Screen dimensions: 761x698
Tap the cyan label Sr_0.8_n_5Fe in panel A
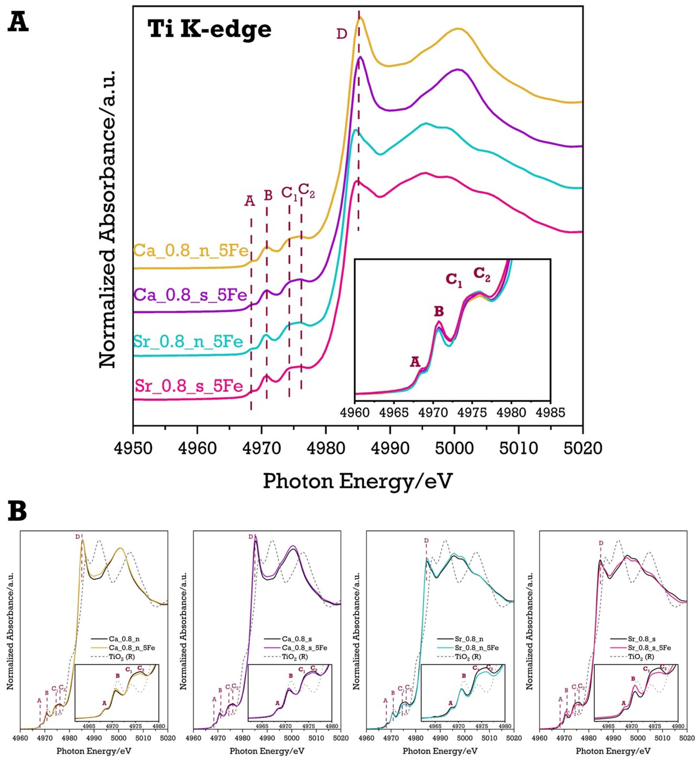[x=188, y=342]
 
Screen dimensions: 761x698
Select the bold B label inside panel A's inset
[x=438, y=311]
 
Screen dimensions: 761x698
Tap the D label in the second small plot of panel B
[x=251, y=537]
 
